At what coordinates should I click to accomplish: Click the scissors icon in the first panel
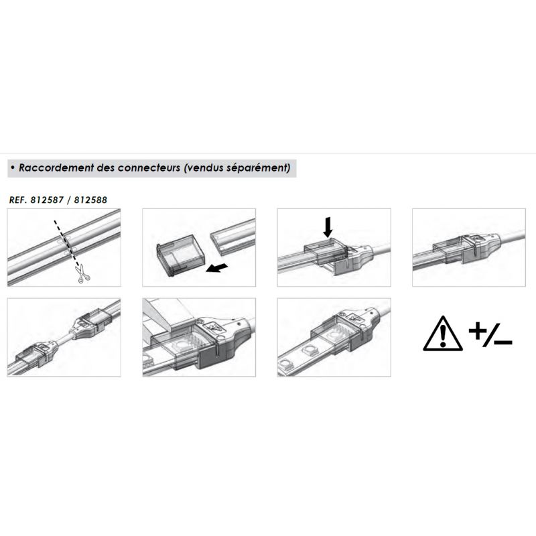click(82, 274)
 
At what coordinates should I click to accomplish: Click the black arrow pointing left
click(216, 267)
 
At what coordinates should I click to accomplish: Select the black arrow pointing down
click(328, 226)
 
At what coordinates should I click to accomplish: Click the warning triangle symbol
click(443, 334)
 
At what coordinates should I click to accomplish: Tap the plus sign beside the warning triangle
click(478, 331)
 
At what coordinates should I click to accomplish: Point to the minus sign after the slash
click(503, 342)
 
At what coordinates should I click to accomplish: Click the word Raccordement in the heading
click(56, 168)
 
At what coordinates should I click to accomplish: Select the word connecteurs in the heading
click(149, 168)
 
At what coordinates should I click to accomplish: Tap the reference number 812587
click(47, 200)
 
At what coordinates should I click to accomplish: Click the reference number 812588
click(90, 200)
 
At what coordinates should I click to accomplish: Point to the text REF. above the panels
click(18, 200)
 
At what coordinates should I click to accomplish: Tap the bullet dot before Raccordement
click(13, 168)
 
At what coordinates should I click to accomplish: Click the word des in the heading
click(106, 168)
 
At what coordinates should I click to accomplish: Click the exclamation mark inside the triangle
click(443, 336)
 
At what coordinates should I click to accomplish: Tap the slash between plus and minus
click(491, 334)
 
